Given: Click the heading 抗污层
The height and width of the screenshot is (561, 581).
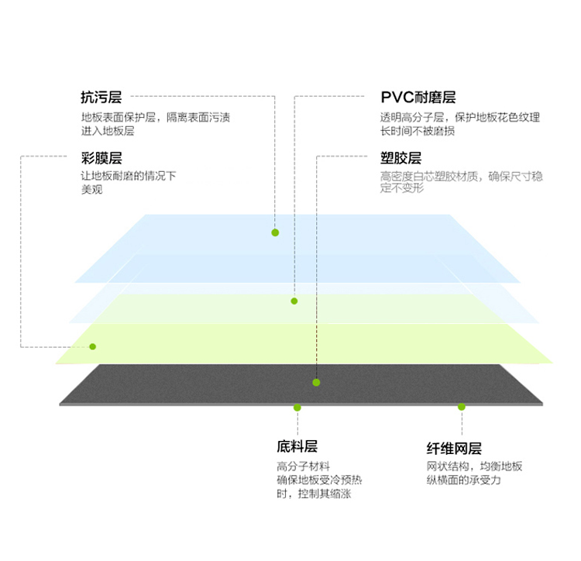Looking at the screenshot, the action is (101, 97).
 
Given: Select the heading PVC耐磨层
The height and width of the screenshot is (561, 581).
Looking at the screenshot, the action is (418, 97).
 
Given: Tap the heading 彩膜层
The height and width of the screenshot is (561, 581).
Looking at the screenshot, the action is (101, 158).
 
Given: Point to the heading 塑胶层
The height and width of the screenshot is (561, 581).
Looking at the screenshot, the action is (401, 158).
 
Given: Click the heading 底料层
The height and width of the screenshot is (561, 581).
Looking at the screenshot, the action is (297, 446).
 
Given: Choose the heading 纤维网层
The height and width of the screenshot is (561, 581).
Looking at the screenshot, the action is (454, 449).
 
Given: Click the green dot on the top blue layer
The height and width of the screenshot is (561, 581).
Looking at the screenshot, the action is (275, 232).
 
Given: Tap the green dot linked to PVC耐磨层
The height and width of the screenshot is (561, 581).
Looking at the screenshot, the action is (294, 301).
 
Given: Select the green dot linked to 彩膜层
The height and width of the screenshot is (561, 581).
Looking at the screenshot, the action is (93, 346).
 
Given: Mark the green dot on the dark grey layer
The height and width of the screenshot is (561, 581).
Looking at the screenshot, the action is (316, 383).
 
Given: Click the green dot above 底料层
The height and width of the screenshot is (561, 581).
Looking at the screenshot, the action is (297, 408).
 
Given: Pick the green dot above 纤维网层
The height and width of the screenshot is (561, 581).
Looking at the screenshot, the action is (462, 407).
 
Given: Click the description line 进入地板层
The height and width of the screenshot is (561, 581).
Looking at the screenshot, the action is (108, 131).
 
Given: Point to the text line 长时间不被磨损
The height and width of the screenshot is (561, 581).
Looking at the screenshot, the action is (418, 131).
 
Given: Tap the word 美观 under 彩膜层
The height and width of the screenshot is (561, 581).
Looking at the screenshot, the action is (92, 189).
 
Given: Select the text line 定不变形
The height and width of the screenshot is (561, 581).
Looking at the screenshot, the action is (402, 188).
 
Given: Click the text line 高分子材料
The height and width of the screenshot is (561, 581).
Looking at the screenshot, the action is (303, 466).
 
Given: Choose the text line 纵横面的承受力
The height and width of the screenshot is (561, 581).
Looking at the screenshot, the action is (463, 480).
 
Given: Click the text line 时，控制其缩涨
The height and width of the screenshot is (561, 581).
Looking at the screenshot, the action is (314, 494).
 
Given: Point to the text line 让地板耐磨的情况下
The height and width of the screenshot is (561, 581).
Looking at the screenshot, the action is (129, 176).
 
